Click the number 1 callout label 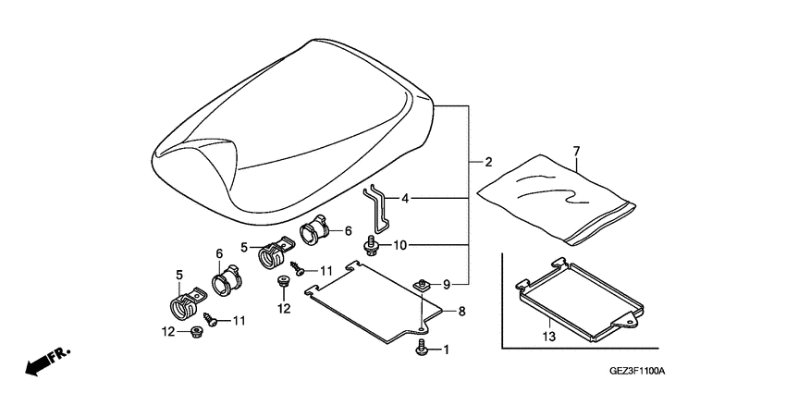pos(445,350)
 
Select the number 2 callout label pos(487,162)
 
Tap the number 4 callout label pos(404,198)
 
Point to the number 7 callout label pos(576,150)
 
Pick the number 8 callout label pos(462,313)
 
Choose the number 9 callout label pos(446,283)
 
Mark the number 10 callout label pos(399,245)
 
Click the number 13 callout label pos(550,338)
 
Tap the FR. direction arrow pos(46,362)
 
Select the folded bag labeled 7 pos(555,199)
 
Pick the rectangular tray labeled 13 pos(578,296)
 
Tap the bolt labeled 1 pos(423,349)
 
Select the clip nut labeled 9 pos(422,285)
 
